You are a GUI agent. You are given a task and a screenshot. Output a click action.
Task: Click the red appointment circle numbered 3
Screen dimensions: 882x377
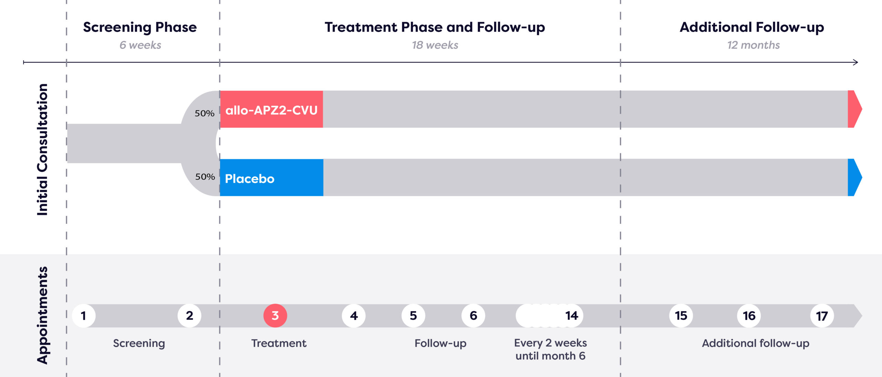point(275,316)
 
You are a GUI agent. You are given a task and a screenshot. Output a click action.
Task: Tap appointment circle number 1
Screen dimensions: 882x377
point(84,316)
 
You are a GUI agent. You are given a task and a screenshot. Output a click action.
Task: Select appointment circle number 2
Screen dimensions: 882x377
point(189,316)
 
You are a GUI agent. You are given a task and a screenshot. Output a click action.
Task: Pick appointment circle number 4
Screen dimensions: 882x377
point(354,316)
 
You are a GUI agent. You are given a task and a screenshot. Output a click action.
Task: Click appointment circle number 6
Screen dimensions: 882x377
point(473,316)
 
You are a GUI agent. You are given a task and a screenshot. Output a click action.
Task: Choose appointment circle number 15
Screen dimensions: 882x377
point(681,316)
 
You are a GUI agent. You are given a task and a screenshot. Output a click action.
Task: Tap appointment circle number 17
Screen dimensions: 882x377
point(822,316)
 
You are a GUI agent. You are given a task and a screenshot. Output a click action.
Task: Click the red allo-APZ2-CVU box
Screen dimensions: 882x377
point(271,109)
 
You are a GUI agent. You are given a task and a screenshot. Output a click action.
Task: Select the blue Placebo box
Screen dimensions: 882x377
point(271,178)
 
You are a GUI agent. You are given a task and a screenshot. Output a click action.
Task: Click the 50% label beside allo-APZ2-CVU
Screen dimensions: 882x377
point(205,113)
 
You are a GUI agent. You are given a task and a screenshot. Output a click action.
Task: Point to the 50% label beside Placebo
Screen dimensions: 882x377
point(205,177)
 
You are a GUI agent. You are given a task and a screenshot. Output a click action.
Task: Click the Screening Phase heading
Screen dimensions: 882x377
point(140,27)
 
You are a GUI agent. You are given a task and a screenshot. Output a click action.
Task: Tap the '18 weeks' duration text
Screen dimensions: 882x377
point(435,45)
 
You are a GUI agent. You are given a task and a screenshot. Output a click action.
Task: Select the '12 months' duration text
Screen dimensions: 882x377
point(753,45)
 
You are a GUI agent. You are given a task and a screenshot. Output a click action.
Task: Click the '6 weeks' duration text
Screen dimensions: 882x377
point(140,45)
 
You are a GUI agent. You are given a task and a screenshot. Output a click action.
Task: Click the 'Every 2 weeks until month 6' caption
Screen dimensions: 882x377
point(551,349)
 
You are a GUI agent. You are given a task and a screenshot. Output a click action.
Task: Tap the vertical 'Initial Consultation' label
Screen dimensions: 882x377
point(42,150)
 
